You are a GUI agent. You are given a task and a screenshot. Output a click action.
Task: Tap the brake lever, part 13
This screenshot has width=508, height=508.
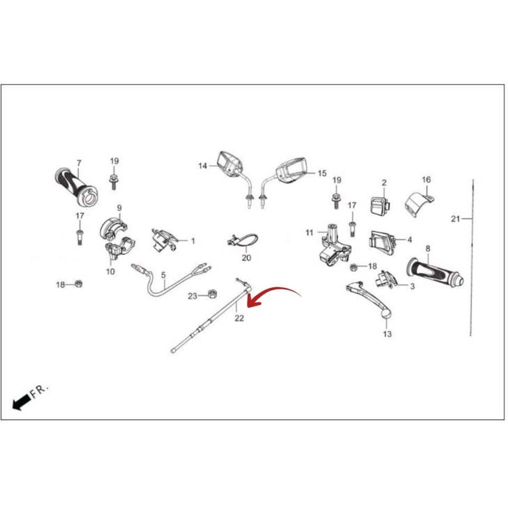click(x=369, y=298)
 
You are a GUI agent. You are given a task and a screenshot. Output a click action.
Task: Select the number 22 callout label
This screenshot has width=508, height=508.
click(x=239, y=318)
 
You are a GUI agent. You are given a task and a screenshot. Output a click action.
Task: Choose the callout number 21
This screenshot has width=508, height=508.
click(x=455, y=219)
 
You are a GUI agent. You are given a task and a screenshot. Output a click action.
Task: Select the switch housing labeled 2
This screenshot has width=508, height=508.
click(x=380, y=205)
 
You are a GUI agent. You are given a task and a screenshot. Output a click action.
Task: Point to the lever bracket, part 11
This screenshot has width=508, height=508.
click(x=334, y=245)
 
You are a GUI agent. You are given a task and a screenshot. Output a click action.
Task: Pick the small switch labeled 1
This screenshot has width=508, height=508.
click(x=164, y=240)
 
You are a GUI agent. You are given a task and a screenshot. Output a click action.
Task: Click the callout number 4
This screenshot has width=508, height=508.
click(x=410, y=240)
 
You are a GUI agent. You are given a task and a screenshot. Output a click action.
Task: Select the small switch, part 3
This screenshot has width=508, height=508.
click(x=385, y=279)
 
